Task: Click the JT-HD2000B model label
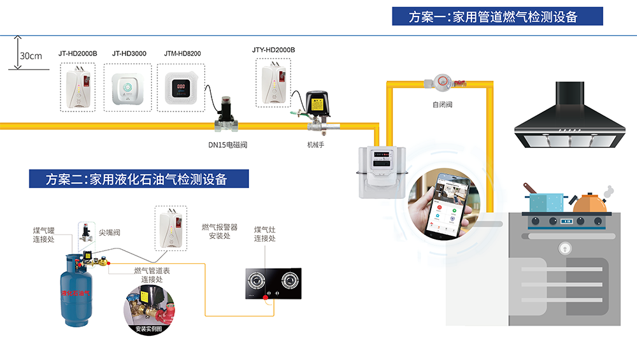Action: (x=78, y=54)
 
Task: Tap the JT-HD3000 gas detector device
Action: (x=129, y=89)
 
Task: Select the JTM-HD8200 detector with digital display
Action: (x=182, y=88)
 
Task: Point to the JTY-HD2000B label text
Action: (x=273, y=50)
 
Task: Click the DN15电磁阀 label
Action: (x=227, y=145)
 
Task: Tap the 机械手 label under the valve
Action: (x=316, y=145)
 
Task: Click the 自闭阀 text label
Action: (x=441, y=104)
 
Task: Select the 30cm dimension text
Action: (x=31, y=56)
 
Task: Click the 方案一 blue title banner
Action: (x=497, y=17)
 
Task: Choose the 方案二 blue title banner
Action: (x=137, y=179)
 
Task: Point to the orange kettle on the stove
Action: (x=590, y=202)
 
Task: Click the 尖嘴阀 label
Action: (x=110, y=233)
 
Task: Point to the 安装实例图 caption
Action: (x=150, y=329)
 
